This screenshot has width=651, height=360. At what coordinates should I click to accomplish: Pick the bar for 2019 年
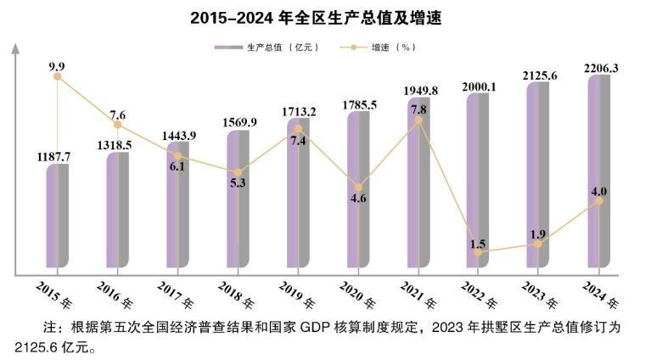tap(298, 195)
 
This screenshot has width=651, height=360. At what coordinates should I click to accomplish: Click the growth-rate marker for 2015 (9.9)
tap(58, 76)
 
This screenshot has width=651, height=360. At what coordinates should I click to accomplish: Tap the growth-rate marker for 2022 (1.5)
tap(479, 252)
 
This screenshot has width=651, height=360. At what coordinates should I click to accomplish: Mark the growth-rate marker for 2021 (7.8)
tap(418, 121)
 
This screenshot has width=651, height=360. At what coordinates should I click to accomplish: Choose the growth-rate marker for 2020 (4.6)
tap(358, 187)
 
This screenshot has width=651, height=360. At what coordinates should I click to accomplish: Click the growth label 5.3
tap(239, 183)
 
